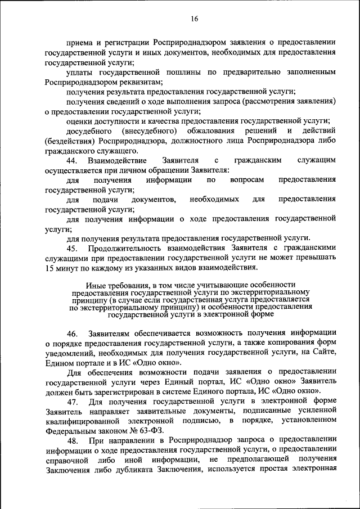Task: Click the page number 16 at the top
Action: coord(194,19)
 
